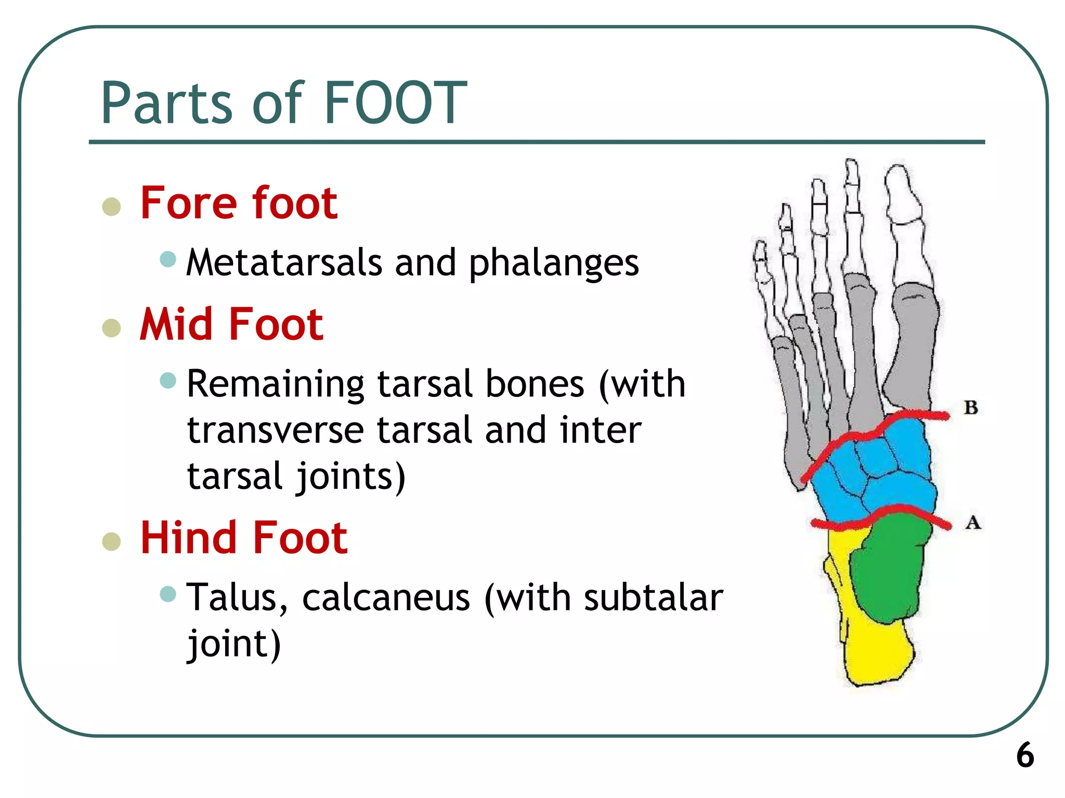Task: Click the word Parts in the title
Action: [166, 104]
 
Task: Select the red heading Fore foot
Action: [239, 203]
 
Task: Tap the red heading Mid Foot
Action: [231, 324]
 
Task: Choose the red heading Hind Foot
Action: [243, 538]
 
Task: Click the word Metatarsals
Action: [284, 262]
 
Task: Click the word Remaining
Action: [276, 385]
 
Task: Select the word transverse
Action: [276, 431]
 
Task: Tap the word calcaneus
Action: [386, 598]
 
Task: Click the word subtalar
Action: [653, 598]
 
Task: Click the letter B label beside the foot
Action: [970, 408]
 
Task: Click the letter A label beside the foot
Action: [973, 522]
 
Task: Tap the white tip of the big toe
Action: [902, 192]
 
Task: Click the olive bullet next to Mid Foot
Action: [111, 328]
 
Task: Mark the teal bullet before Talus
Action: [168, 593]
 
